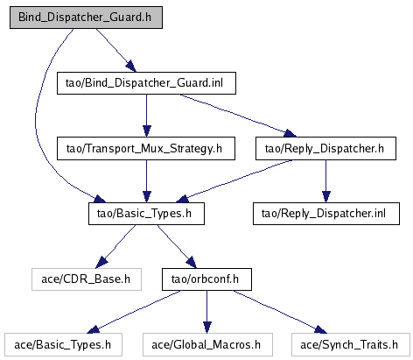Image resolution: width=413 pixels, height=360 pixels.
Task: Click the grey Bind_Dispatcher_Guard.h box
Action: click(x=86, y=18)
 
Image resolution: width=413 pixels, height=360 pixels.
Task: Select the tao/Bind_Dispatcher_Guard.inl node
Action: click(x=146, y=83)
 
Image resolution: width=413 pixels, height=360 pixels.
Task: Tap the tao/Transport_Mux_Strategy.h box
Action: click(x=146, y=149)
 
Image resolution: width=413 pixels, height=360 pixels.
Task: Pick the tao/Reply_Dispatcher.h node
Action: click(x=325, y=149)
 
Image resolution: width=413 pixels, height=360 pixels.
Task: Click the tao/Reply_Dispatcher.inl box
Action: click(x=326, y=214)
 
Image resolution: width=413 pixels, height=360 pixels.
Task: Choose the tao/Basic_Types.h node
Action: click(x=146, y=214)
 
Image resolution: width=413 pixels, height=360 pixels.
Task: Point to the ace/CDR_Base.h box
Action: click(x=87, y=279)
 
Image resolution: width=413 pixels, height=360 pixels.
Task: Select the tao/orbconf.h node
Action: click(x=206, y=279)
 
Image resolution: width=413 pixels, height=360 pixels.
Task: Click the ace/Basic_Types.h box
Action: click(x=63, y=345)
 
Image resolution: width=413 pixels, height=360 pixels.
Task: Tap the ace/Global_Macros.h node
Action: click(x=207, y=345)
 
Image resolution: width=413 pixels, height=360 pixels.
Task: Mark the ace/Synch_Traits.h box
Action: click(x=351, y=345)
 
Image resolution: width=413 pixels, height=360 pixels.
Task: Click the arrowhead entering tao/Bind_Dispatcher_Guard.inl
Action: click(x=130, y=66)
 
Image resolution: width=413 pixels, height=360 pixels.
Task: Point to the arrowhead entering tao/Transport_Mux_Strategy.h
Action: click(x=147, y=131)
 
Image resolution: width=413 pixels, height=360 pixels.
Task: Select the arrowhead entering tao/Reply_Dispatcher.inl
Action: click(x=326, y=196)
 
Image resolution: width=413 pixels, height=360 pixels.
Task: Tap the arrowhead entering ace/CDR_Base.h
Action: click(x=101, y=262)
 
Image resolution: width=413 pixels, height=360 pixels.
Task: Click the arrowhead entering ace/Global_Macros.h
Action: click(x=207, y=328)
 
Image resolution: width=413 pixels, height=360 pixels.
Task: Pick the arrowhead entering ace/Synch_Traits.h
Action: click(x=320, y=329)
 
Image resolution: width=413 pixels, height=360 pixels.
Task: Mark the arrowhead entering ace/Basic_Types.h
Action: click(x=94, y=329)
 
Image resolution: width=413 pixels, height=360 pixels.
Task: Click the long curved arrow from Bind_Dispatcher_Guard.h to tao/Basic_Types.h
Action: click(x=36, y=123)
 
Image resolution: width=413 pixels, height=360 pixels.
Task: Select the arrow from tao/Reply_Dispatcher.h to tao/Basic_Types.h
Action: click(x=237, y=179)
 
